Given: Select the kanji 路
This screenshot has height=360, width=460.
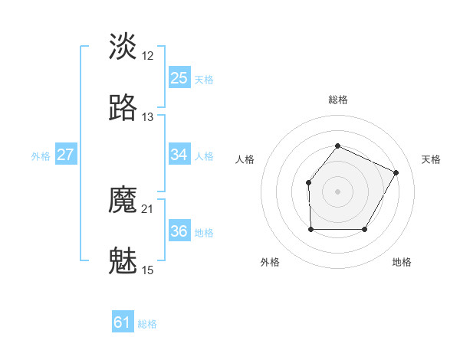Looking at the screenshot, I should pos(123,108).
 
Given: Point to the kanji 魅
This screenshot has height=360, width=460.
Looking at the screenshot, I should pos(123,262).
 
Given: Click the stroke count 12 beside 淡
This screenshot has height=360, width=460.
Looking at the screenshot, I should pos(148,56).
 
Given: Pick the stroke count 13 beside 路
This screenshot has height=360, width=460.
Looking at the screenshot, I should pos(148,117).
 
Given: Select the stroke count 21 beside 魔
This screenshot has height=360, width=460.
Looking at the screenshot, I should pos(148,209).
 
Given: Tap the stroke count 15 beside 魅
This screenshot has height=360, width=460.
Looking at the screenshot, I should pos(148,270).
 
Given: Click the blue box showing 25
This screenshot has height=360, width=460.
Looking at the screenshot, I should pos(179,78).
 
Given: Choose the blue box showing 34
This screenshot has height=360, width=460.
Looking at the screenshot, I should pos(179,155).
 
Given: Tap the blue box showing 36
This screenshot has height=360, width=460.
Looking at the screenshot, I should pos(179,231).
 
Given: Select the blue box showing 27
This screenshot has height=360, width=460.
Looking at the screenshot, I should pos(65,155).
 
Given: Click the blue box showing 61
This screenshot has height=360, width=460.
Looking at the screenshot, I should pos(123,323).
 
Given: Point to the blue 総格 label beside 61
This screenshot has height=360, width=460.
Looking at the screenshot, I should pos(147,324).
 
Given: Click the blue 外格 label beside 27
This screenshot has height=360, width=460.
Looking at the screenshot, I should pos(41,155).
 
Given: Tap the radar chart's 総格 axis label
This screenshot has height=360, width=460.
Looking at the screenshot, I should pos(337,100).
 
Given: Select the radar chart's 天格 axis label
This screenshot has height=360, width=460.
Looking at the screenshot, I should pos(431,159).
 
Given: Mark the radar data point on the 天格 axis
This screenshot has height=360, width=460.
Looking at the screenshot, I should pos(396,172).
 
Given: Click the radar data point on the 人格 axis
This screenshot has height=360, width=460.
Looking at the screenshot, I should pos(308,182).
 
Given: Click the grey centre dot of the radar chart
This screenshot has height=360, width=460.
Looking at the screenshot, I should pos(337,191).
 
